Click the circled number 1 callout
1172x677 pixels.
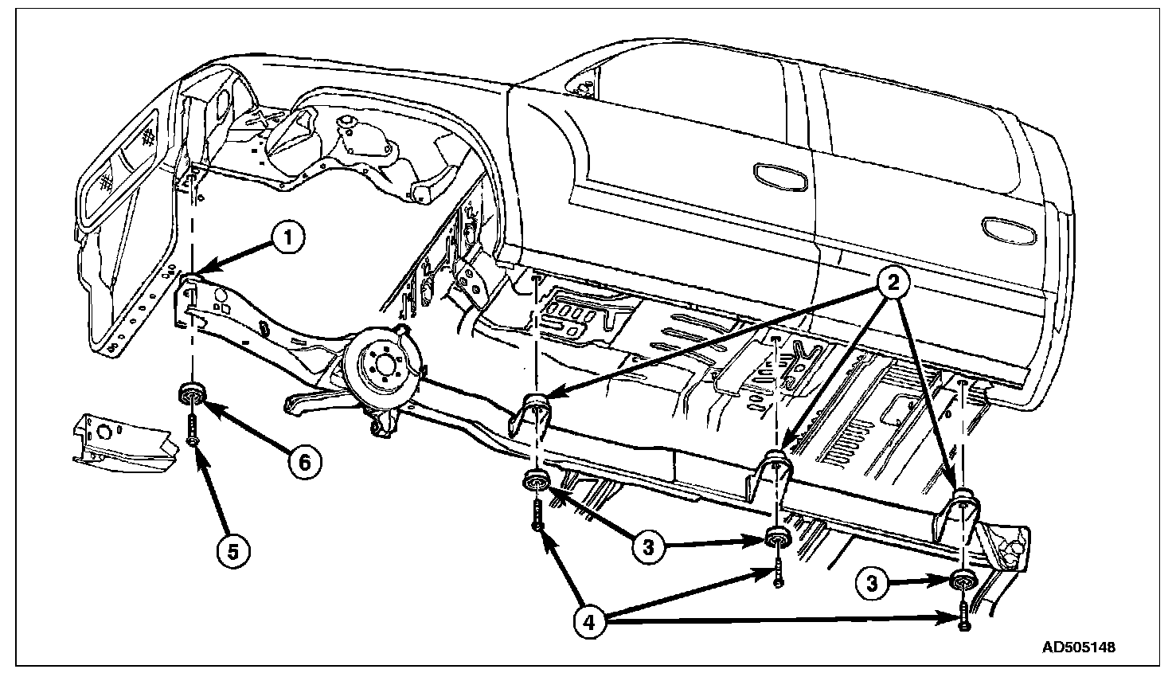[x=288, y=237]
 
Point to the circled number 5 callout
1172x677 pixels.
[x=232, y=550]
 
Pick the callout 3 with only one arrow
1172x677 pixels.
[x=872, y=583]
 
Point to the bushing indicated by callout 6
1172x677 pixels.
[x=192, y=393]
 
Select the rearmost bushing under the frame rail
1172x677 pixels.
[x=965, y=581]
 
